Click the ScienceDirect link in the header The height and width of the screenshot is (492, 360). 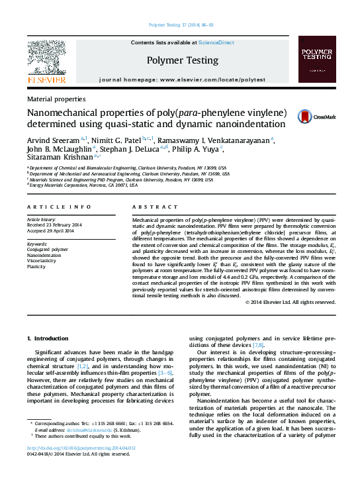216,42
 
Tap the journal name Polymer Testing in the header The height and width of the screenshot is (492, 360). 182,60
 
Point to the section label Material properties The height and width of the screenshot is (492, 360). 55,98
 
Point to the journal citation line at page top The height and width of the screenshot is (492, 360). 180,25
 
